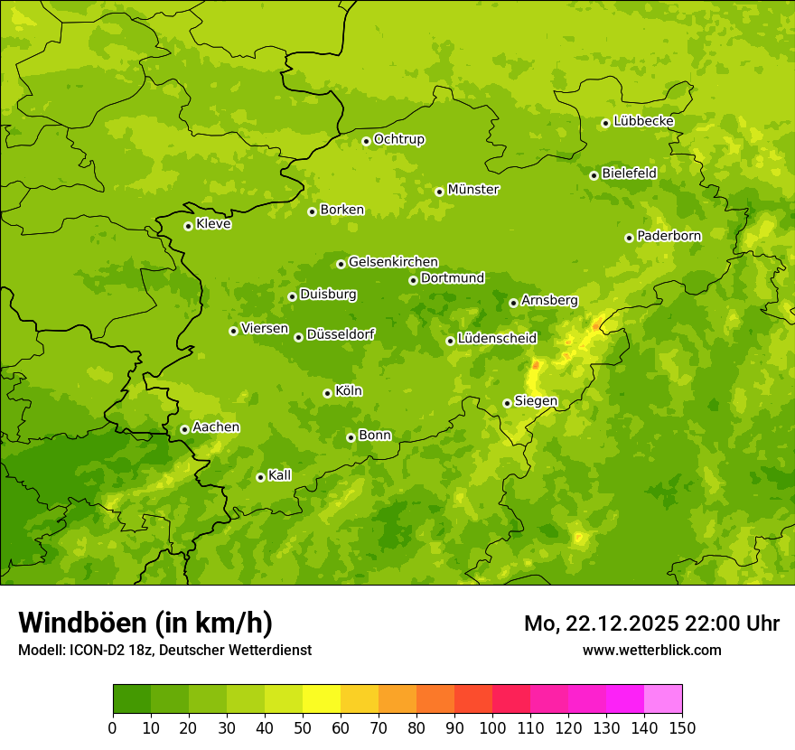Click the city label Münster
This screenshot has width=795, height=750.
tap(473, 190)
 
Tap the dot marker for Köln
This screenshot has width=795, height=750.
tap(327, 393)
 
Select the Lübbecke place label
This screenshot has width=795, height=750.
tap(643, 121)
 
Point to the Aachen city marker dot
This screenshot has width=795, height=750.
tap(184, 429)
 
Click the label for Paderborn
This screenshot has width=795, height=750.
tap(669, 236)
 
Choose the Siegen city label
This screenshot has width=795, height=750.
tap(536, 401)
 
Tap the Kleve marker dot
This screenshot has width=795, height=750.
tap(188, 226)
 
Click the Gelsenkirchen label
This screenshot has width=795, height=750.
tap(393, 262)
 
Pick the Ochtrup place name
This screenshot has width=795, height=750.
tap(399, 139)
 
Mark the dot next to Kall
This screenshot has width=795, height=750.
tap(260, 477)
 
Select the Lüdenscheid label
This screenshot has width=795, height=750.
tap(497, 339)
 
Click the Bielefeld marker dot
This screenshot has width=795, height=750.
tap(594, 175)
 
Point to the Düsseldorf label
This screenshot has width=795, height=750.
tap(341, 334)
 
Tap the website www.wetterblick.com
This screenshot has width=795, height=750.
tap(651, 650)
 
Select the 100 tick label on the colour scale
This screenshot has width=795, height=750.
tap(492, 727)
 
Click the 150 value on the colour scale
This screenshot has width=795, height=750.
tap(682, 727)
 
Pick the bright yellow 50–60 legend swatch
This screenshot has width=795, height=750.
tap(322, 699)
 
